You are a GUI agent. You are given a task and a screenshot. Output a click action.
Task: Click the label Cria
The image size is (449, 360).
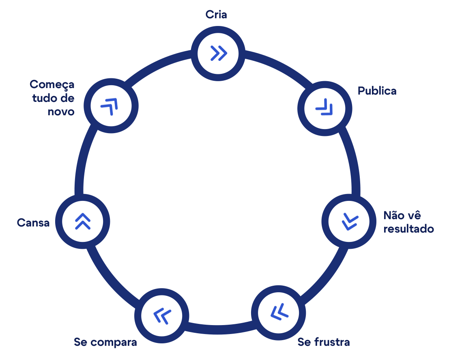(216, 15)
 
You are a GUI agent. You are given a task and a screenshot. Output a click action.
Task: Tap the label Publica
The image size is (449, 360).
(377, 91)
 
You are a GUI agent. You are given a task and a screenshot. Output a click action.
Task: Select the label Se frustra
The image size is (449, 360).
(324, 342)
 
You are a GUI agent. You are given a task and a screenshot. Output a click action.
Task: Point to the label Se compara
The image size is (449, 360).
(105, 342)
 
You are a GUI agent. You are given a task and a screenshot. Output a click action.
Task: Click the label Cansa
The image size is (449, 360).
(33, 223)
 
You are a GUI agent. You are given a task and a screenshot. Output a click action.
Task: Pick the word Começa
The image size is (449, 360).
(52, 84)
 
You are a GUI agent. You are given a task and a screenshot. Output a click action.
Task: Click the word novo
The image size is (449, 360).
(61, 111)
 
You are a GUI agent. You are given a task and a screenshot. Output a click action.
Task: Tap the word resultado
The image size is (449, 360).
(408, 229)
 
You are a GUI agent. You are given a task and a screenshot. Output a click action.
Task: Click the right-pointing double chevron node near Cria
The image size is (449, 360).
(218, 53)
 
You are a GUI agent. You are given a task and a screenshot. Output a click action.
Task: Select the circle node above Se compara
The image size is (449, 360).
(162, 315)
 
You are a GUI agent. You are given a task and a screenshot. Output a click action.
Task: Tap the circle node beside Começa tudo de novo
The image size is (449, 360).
(111, 106)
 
